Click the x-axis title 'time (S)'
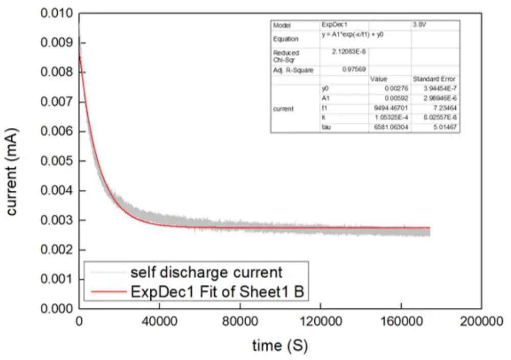pos(280,346)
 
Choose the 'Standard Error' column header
pos(434,79)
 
